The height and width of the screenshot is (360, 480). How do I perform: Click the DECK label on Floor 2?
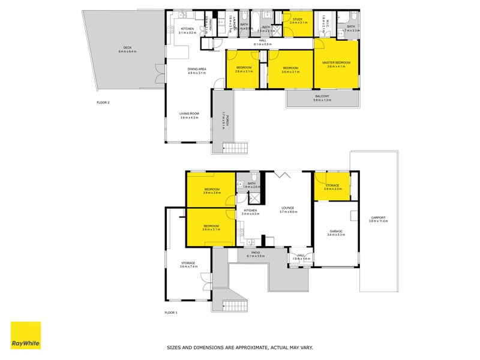(127, 47)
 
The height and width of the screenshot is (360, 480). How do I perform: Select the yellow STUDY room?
(299, 21)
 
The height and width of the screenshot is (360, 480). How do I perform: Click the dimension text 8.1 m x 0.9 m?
(262, 44)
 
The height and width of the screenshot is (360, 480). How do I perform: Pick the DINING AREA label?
(197, 69)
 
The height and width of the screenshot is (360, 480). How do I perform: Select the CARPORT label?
(378, 217)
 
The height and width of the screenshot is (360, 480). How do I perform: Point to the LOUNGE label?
(288, 208)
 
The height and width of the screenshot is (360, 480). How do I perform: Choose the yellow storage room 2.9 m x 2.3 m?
(332, 187)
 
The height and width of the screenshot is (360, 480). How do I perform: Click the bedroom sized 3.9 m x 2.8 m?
(211, 191)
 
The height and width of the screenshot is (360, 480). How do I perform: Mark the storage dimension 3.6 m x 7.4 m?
(188, 266)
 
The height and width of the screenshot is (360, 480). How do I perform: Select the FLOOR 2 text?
(103, 103)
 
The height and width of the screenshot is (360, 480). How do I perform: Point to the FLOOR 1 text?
(172, 313)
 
